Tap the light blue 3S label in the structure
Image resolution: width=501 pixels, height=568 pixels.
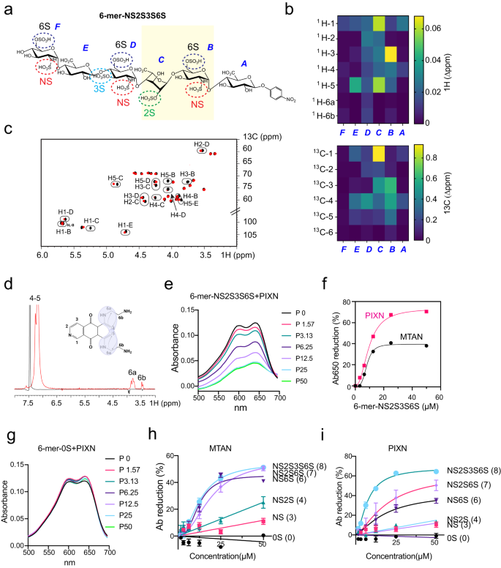99,89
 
